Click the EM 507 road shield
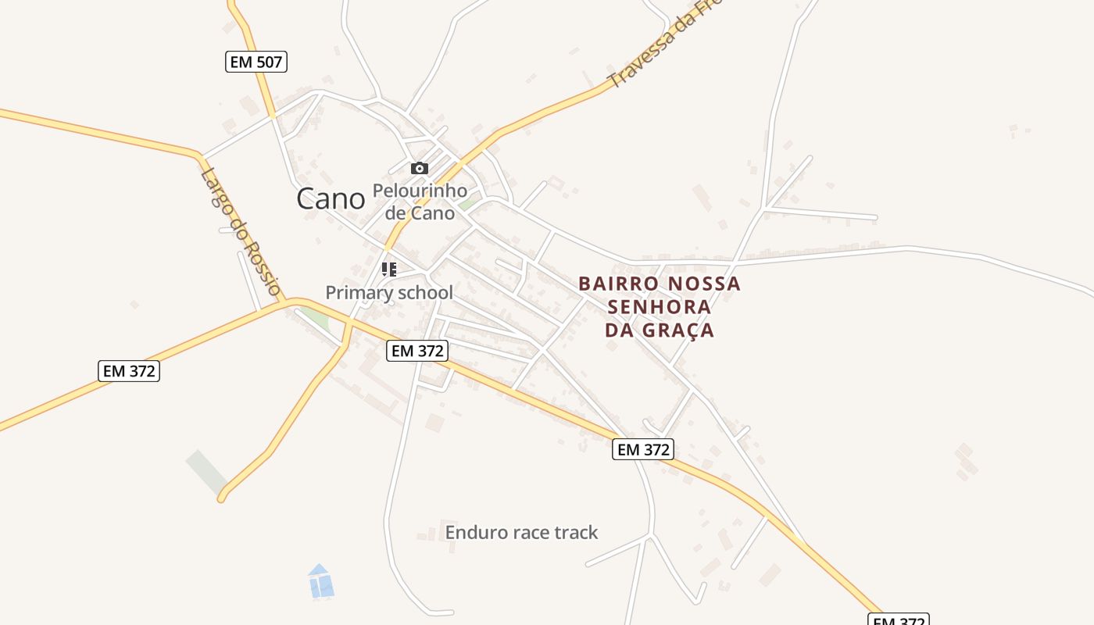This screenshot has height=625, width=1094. (x=256, y=62)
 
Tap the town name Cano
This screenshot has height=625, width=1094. (x=331, y=199)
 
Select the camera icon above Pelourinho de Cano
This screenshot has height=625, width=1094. (x=420, y=168)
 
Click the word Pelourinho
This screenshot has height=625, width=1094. (x=420, y=191)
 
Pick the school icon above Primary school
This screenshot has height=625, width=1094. (x=389, y=270)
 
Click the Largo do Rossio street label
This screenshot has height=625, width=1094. (x=240, y=232)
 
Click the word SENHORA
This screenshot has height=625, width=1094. (x=660, y=306)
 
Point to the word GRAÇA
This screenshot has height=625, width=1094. (x=678, y=330)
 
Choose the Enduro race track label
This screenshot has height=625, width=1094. (x=521, y=533)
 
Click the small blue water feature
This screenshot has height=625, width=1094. (x=320, y=582)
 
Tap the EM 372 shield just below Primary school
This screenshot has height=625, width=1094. (x=418, y=352)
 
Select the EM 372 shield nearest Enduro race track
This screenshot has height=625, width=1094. (x=643, y=449)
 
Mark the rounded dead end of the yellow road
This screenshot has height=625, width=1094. (x=222, y=497)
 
